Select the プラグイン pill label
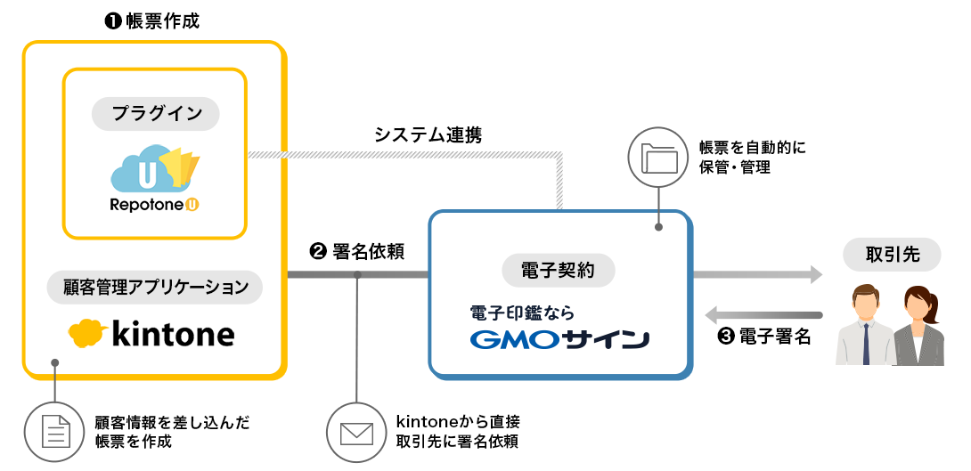click(x=156, y=113)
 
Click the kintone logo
click(x=152, y=334)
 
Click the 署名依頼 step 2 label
click(x=356, y=252)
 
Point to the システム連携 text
click(x=428, y=135)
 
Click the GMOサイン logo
click(x=559, y=339)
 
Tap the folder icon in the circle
click(x=659, y=158)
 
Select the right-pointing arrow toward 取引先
click(x=757, y=276)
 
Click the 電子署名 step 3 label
click(x=763, y=337)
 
